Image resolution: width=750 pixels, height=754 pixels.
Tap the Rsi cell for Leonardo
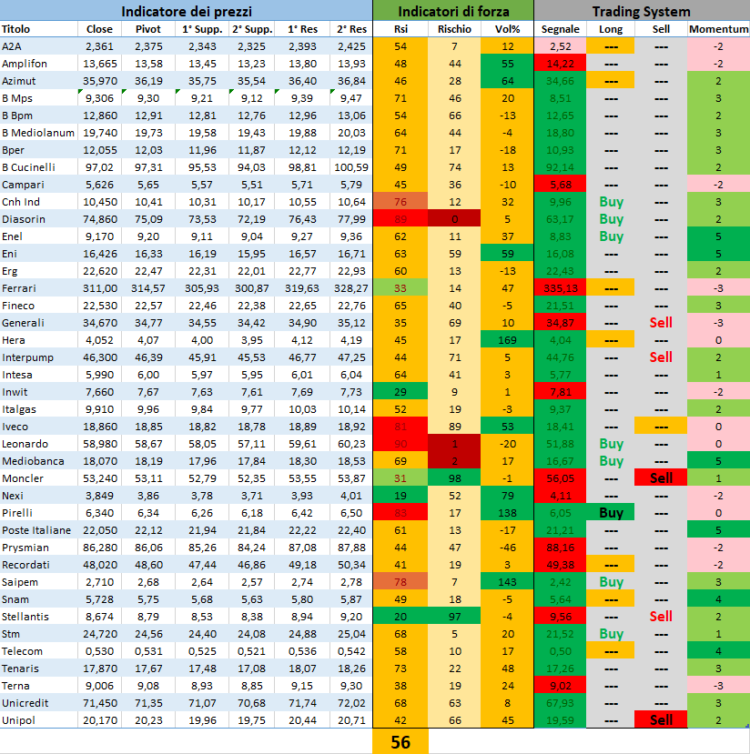(x=400, y=444)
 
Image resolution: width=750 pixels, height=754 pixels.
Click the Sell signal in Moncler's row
(x=661, y=478)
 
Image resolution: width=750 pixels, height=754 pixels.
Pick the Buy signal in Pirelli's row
(x=611, y=513)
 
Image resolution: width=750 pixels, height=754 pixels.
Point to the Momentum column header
(x=718, y=29)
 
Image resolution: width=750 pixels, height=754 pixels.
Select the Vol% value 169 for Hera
(x=507, y=340)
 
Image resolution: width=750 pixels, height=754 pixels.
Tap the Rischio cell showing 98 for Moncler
(x=454, y=478)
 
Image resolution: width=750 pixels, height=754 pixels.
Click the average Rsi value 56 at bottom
(x=400, y=742)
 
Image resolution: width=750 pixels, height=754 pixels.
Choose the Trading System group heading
(x=641, y=11)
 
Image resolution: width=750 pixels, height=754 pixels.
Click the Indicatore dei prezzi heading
(x=187, y=11)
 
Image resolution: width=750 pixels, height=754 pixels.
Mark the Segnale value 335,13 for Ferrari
(x=560, y=287)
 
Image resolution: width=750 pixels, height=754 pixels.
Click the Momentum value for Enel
(x=718, y=236)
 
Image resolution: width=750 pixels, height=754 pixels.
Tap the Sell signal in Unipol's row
(x=661, y=719)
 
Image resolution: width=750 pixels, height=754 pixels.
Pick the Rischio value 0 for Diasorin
(x=454, y=219)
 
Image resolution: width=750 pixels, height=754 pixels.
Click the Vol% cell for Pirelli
(x=507, y=513)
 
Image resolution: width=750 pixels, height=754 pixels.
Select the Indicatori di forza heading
(x=452, y=11)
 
